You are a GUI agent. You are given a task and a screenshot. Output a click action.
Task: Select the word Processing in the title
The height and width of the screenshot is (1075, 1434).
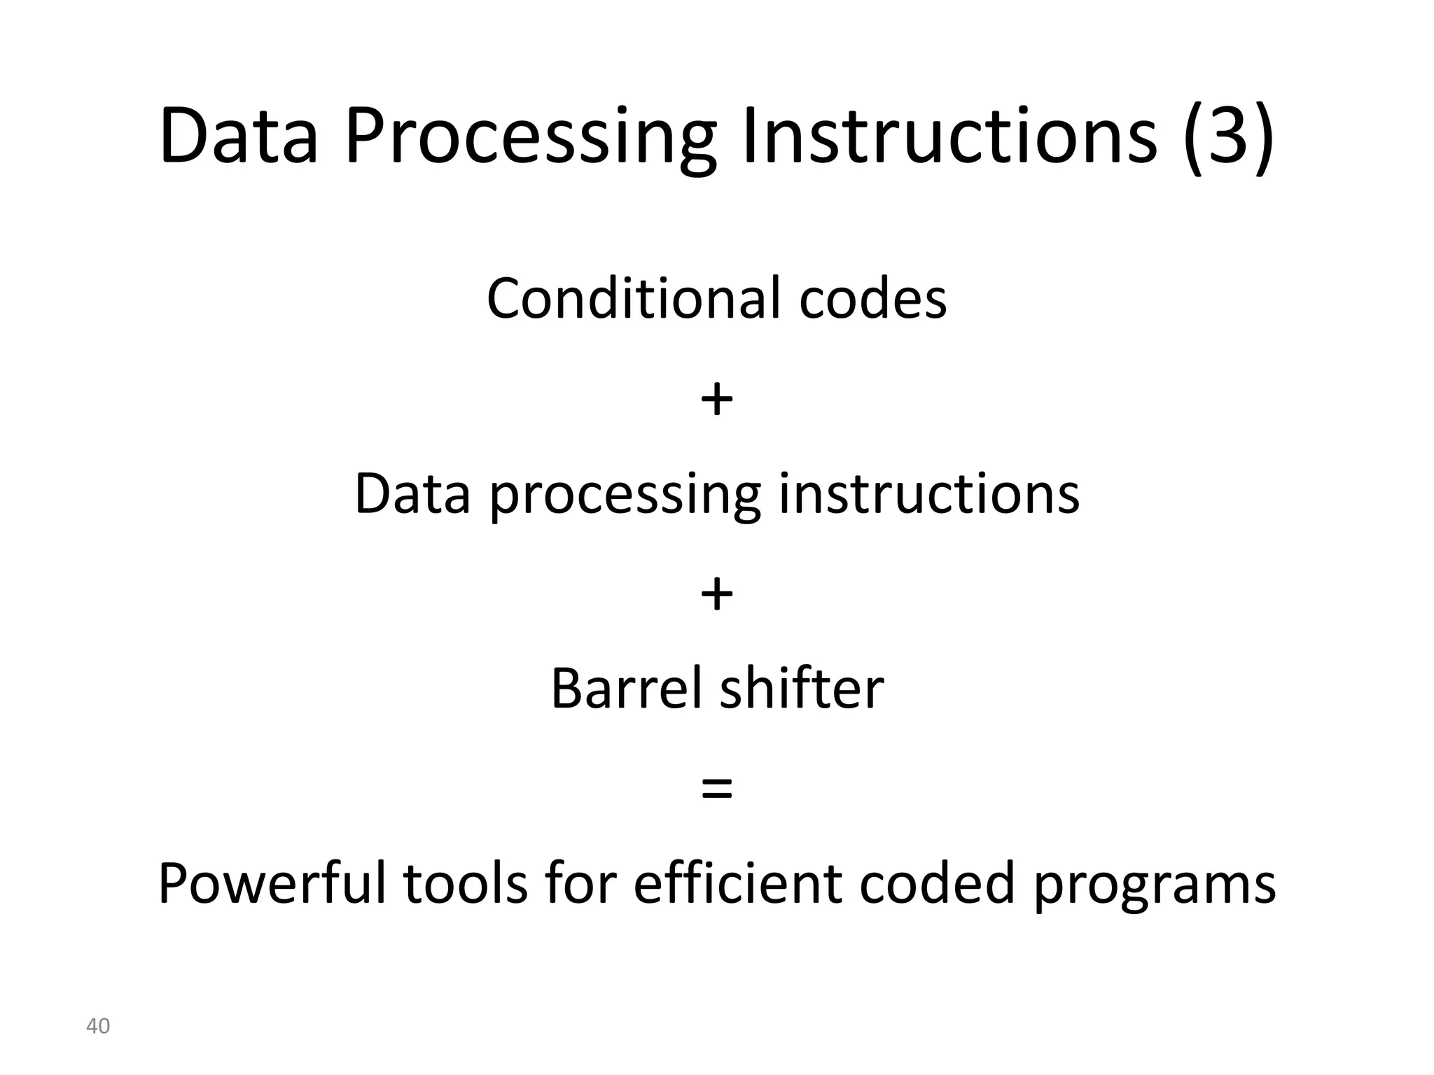point(530,137)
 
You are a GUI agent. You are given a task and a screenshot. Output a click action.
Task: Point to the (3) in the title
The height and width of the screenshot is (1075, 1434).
point(1228,136)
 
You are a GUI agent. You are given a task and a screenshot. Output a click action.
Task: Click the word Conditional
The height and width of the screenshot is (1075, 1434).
point(633,299)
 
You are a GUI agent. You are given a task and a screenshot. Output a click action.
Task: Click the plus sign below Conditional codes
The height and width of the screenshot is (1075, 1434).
point(716,401)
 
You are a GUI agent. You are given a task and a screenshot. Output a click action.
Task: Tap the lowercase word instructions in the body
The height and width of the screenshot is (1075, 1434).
point(929,493)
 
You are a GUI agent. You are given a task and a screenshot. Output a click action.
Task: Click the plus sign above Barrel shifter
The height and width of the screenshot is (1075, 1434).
point(716,596)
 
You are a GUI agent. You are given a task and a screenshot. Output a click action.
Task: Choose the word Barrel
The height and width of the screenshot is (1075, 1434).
point(626,689)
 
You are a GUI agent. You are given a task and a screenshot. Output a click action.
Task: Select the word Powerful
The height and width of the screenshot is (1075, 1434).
point(272,884)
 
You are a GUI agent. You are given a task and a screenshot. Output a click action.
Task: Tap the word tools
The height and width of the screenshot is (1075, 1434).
point(465,884)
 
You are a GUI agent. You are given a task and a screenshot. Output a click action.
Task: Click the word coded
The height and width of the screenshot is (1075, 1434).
point(937,884)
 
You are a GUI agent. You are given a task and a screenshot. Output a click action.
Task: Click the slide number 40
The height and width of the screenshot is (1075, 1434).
point(98,1026)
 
